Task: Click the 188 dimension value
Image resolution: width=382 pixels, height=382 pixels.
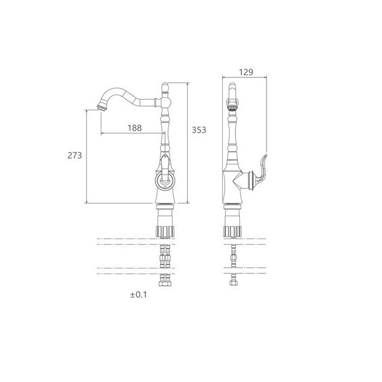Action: coord(135,128)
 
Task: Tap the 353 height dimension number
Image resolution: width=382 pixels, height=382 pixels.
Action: coord(199,130)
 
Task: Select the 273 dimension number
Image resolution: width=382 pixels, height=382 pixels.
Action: coord(75,155)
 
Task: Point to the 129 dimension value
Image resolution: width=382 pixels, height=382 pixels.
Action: coord(246,72)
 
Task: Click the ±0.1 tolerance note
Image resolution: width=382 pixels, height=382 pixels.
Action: coord(138,295)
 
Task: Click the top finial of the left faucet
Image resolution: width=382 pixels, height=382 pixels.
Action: coord(165,88)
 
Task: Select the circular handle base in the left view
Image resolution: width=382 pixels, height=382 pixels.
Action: coord(165,180)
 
